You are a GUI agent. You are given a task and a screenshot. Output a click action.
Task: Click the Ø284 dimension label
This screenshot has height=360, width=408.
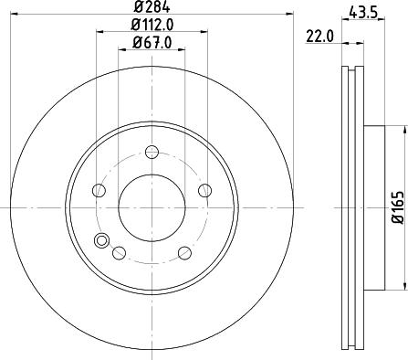[152, 6]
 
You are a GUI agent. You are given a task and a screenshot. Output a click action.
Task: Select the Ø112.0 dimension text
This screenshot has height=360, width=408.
[152, 25]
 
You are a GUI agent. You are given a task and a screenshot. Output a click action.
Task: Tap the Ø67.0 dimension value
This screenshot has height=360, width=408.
[152, 42]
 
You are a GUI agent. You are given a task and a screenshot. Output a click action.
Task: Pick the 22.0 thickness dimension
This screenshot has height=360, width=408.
[319, 37]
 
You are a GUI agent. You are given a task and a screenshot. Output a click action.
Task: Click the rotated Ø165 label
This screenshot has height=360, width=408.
[398, 207]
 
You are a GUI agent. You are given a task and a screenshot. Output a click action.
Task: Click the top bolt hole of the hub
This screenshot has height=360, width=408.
[152, 153]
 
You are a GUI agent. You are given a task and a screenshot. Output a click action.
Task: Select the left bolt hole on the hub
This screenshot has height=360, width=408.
[99, 191]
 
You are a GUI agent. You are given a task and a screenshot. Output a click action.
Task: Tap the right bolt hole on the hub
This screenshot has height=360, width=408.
[204, 191]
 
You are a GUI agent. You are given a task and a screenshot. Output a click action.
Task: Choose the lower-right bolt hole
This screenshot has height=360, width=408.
[184, 253]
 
